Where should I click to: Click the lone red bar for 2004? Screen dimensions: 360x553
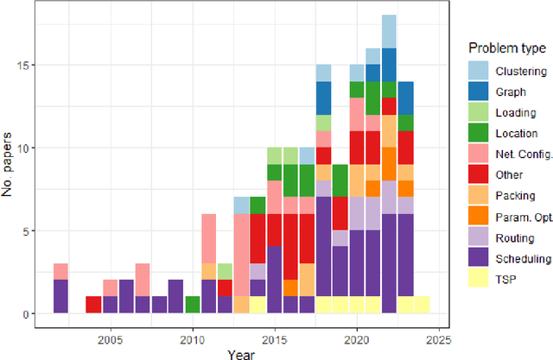coord(93,305)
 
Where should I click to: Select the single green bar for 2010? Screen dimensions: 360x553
coord(192,305)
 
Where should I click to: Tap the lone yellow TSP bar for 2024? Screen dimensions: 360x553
coord(422,305)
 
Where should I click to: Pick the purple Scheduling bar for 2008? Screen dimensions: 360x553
coord(159,305)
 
